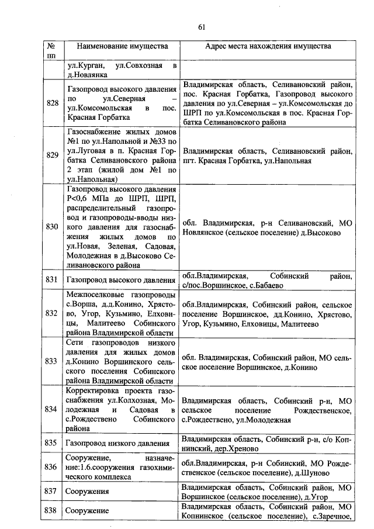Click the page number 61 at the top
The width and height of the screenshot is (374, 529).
point(202,27)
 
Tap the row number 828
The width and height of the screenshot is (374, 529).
point(52,103)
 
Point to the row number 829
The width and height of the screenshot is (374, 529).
point(52,156)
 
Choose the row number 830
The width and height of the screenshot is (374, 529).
point(52,227)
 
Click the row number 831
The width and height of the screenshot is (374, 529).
point(52,280)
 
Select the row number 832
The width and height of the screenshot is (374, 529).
point(52,313)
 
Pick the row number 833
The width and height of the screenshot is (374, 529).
point(52,361)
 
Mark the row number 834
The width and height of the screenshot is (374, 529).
point(52,409)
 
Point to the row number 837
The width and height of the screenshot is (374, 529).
point(52,492)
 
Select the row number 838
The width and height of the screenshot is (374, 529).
point(52,511)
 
